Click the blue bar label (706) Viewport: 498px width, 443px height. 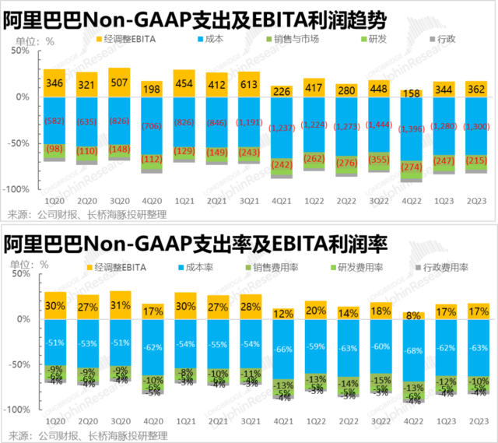pyautogui.click(x=153, y=127)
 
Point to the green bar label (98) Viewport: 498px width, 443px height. pyautogui.click(x=54, y=149)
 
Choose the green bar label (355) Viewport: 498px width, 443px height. pyautogui.click(x=380, y=160)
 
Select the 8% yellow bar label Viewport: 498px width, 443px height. pyautogui.click(x=412, y=316)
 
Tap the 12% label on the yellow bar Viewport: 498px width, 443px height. pyautogui.click(x=282, y=313)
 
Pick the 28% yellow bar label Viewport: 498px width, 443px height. pyautogui.click(x=250, y=306)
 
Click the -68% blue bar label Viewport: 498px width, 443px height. pyautogui.click(x=412, y=350)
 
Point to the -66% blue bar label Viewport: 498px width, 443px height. pyautogui.click(x=282, y=348)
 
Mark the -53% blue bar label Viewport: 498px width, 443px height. pyautogui.click(x=87, y=343)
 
